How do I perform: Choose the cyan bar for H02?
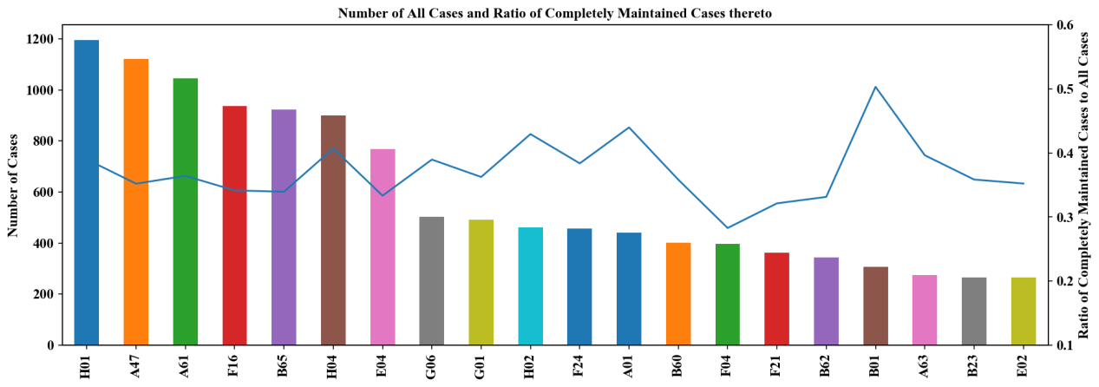[x=530, y=286]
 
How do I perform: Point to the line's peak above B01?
[x=875, y=87]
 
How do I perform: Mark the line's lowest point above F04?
[x=728, y=228]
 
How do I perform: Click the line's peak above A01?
[x=629, y=128]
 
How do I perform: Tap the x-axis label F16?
[x=235, y=362]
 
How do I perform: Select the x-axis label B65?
[x=285, y=362]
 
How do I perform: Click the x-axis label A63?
[x=925, y=362]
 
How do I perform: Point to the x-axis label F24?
[x=580, y=362]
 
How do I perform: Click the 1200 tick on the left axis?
[x=43, y=39]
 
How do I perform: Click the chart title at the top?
[x=549, y=13]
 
